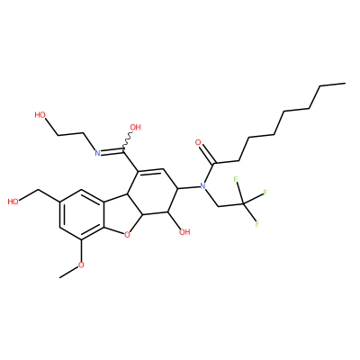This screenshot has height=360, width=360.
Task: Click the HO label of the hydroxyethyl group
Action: [x=40, y=115]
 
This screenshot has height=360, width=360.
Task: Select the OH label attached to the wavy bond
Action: [x=135, y=128]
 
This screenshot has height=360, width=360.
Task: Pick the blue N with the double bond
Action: [x=97, y=153]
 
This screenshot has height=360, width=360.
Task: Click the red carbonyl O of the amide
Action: [x=198, y=142]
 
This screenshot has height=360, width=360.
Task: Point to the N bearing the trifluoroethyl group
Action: [x=202, y=186]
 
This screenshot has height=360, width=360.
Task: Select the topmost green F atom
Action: [x=236, y=179]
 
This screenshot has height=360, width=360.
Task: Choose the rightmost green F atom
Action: [x=265, y=192]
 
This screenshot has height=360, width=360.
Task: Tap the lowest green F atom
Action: [x=256, y=224]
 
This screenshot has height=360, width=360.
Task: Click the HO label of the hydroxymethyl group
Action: [x=13, y=202]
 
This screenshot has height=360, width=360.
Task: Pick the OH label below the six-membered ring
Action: [x=184, y=232]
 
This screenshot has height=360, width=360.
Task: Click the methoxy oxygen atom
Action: [x=81, y=265]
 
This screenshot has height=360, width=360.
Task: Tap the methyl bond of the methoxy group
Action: [x=68, y=272]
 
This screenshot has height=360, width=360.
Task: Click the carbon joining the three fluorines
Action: [x=243, y=204]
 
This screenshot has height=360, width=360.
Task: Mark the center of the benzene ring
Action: [x=82, y=214]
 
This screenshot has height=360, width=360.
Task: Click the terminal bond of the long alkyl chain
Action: [x=333, y=85]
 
